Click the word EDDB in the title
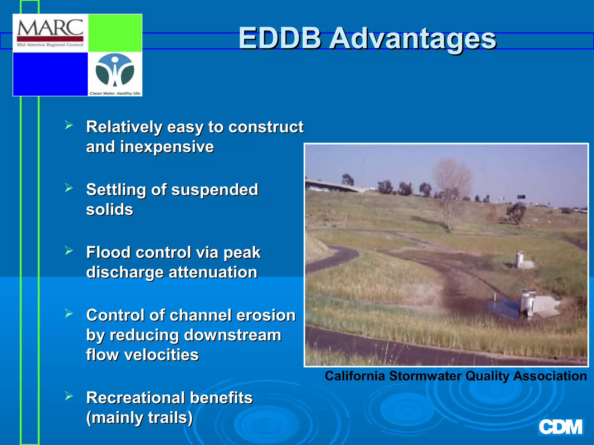(280, 38)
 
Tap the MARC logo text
(50, 28)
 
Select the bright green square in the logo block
(115, 33)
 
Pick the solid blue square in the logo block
(50, 74)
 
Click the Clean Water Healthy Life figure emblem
(115, 70)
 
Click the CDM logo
(560, 427)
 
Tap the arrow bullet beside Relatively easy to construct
(69, 125)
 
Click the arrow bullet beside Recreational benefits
(69, 396)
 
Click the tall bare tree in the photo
(451, 191)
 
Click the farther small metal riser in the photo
(520, 260)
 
